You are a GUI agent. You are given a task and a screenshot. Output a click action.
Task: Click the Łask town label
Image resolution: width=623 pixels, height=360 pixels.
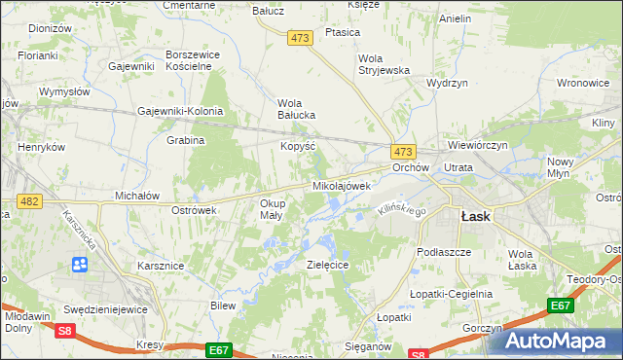(x=475, y=217)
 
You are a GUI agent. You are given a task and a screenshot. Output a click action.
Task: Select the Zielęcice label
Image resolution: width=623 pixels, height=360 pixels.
(x=328, y=265)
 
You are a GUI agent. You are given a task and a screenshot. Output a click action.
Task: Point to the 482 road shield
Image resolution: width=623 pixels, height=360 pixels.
(x=28, y=200)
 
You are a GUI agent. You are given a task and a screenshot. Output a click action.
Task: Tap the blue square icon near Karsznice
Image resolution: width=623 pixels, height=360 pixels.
(x=79, y=265)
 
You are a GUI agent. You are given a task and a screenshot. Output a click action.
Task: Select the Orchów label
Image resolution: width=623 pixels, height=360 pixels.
(x=411, y=167)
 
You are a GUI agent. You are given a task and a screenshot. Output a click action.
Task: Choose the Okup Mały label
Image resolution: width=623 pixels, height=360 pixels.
(x=272, y=209)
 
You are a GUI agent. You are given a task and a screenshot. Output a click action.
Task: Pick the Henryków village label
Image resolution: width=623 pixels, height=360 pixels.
(x=41, y=147)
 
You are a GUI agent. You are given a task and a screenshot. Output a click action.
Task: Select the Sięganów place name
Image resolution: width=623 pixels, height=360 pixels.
(x=369, y=345)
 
